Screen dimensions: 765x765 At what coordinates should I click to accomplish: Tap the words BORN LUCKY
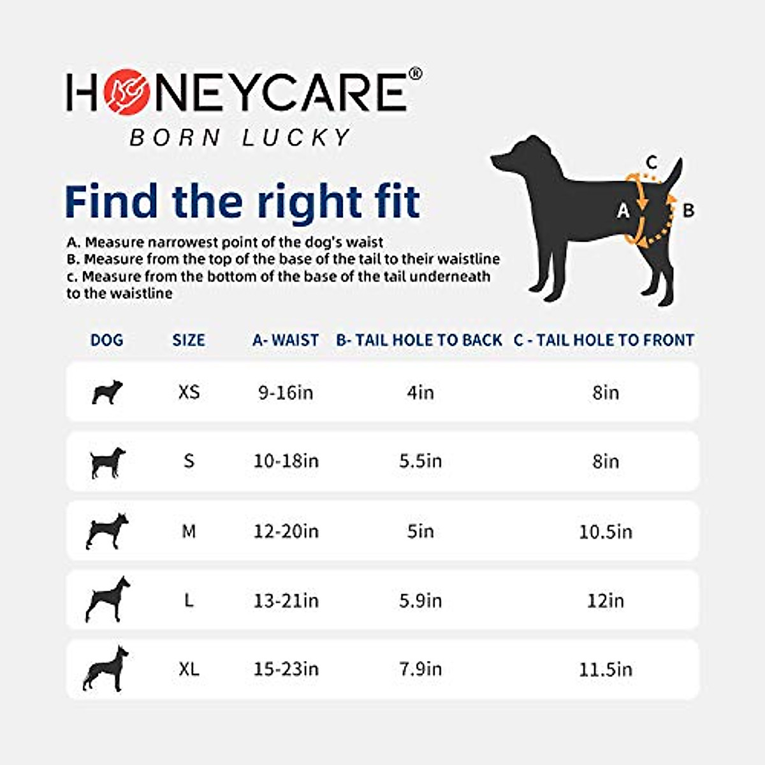[240, 137]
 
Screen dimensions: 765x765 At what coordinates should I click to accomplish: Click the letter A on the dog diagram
[623, 210]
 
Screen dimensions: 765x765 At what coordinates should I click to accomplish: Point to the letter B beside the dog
[688, 210]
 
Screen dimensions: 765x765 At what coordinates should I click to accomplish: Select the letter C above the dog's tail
[652, 161]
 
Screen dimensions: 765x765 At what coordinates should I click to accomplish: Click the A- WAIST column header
[285, 340]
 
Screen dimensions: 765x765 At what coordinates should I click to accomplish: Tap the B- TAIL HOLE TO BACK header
[419, 340]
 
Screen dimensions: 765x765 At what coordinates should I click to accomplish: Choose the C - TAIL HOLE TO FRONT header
[604, 340]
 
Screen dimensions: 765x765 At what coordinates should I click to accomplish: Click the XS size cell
[189, 391]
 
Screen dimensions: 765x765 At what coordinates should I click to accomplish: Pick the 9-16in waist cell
[286, 392]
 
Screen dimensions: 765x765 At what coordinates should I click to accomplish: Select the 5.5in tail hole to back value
[420, 461]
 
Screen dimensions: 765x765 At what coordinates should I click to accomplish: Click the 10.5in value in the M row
[605, 531]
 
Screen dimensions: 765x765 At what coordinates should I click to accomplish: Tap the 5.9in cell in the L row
[420, 601]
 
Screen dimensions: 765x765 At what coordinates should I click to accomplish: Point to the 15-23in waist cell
[286, 669]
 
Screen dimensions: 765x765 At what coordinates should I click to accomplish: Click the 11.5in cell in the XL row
[605, 669]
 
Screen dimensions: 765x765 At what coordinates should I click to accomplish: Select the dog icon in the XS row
[106, 391]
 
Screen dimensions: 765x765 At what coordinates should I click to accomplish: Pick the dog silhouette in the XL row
[106, 668]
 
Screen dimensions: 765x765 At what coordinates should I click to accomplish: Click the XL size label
[189, 669]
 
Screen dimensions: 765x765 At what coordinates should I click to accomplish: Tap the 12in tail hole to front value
[605, 601]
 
